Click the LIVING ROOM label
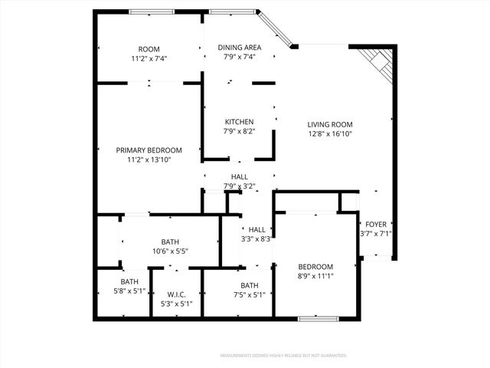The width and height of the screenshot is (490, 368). [329, 124]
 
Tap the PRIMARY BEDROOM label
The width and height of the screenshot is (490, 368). [149, 149]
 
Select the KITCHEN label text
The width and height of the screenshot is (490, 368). [239, 122]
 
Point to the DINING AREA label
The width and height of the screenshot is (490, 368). [239, 47]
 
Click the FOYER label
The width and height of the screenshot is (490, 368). [375, 224]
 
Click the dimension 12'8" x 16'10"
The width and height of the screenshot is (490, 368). [329, 134]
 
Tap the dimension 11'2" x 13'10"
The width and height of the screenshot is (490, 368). [149, 159]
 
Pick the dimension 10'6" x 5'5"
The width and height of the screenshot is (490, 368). [170, 251]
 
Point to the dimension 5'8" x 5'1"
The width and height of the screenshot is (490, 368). [129, 291]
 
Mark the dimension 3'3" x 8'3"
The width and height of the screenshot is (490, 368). [256, 239]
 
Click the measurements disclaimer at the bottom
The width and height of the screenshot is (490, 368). [283, 356]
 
